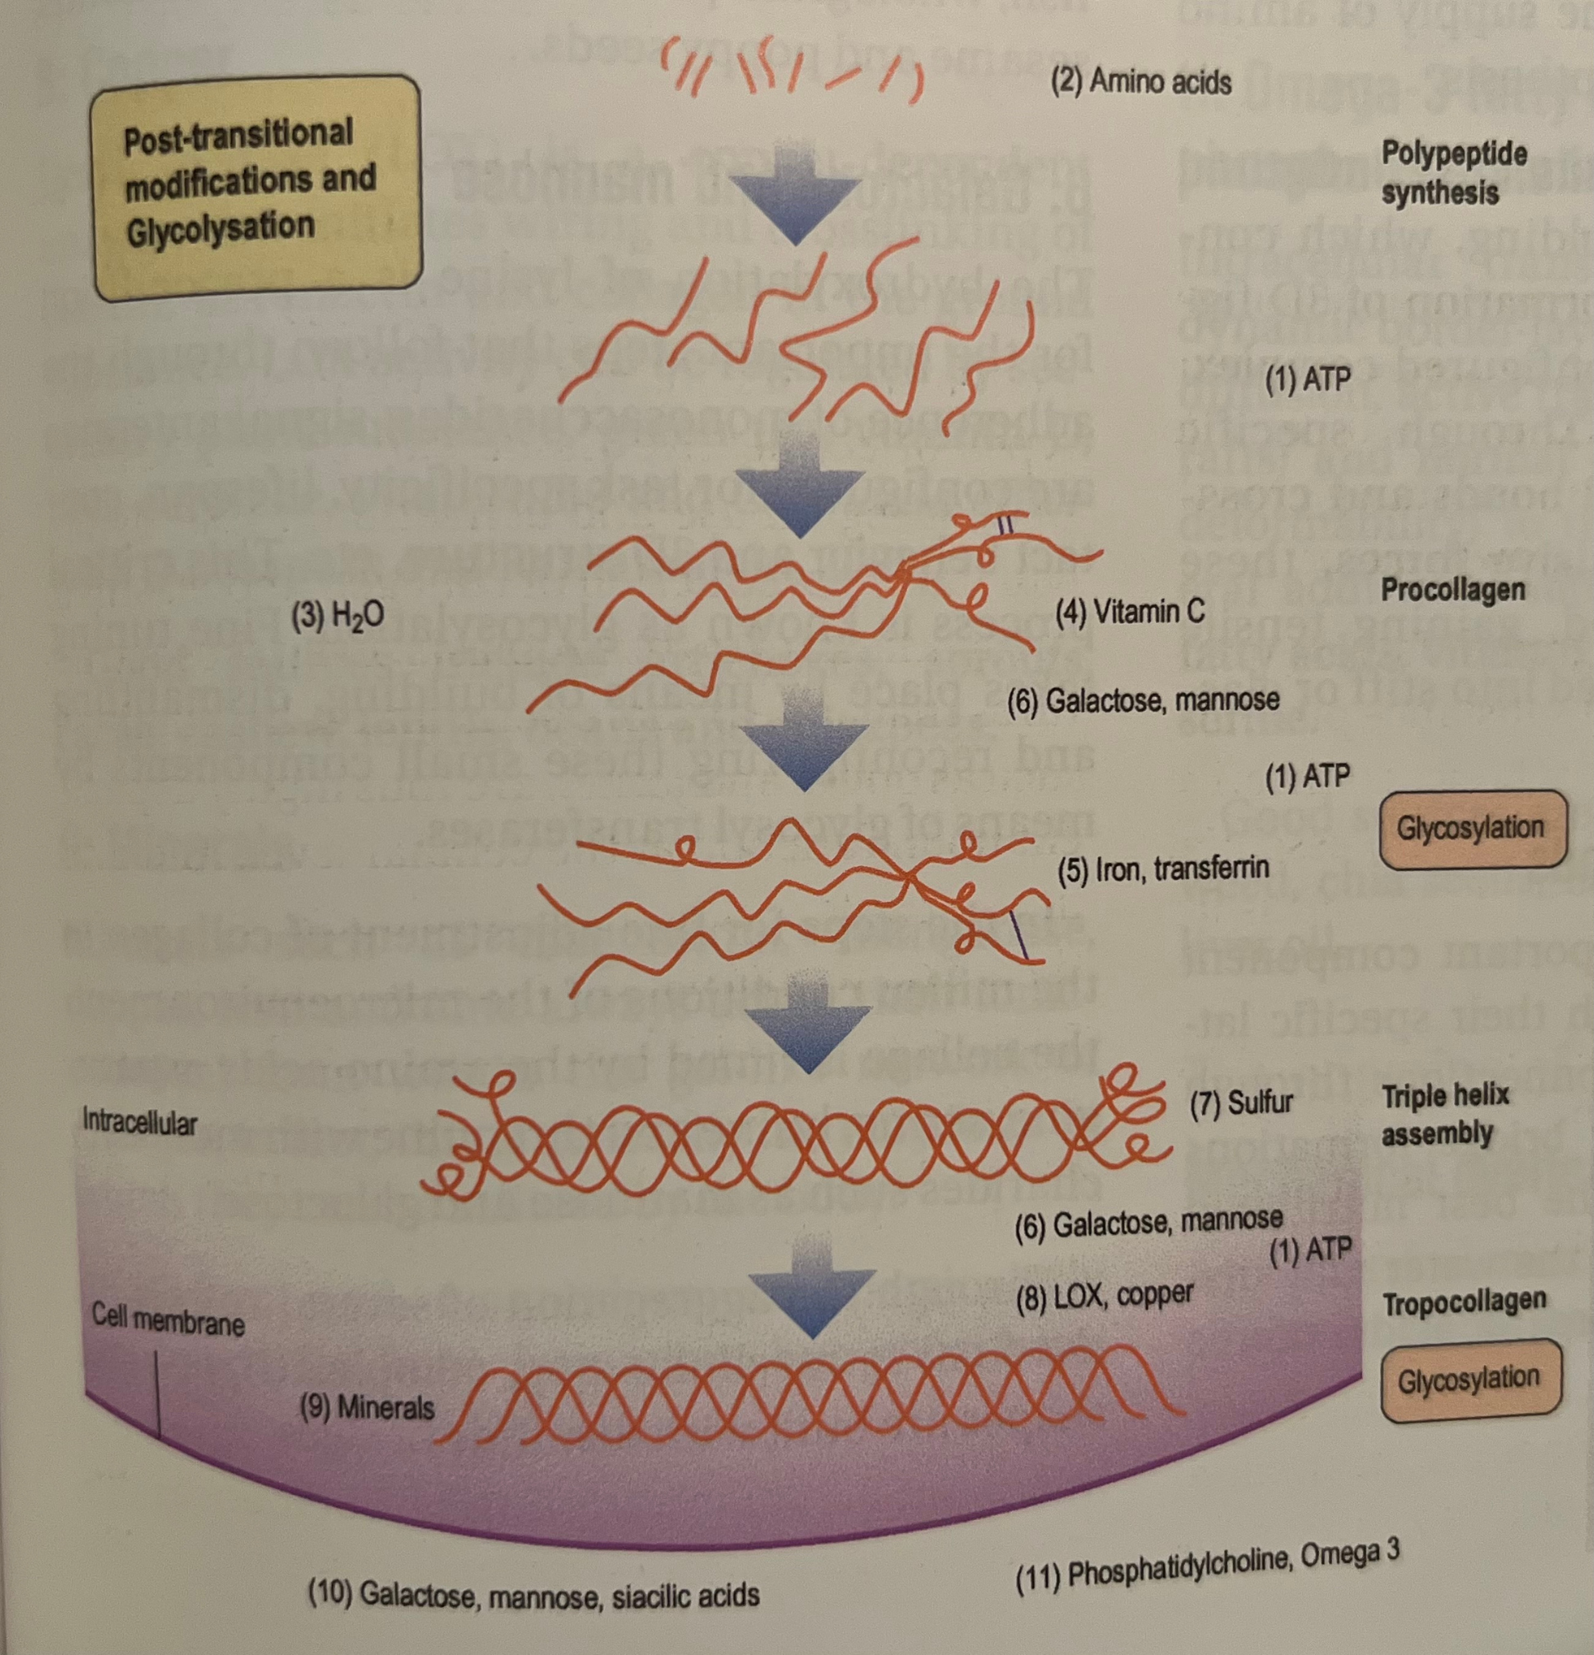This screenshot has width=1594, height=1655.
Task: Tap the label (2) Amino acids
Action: (x=1140, y=82)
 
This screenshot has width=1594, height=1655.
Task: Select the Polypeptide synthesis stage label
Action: (x=1453, y=173)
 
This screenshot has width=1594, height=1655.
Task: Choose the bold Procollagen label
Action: (x=1452, y=588)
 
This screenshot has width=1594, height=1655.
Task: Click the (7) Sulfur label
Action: (x=1240, y=1102)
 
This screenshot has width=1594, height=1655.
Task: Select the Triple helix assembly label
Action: (x=1445, y=1114)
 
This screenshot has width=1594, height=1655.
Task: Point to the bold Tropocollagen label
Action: (x=1464, y=1301)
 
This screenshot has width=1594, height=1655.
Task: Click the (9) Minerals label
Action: (x=368, y=1407)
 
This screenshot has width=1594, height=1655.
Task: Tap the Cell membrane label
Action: (x=167, y=1319)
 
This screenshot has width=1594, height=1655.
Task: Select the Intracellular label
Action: (x=139, y=1122)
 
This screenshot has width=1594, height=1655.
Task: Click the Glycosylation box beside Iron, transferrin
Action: (x=1470, y=829)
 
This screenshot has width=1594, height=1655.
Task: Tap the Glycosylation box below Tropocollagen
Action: (x=1469, y=1381)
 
